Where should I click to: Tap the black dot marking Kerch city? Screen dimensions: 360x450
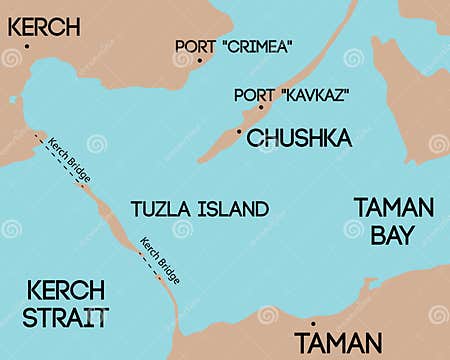pyautogui.click(x=27, y=46)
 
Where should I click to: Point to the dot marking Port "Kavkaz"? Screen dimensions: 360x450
pyautogui.click(x=261, y=107)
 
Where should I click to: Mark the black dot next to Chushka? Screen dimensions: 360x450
pyautogui.click(x=239, y=130)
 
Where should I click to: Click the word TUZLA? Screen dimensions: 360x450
pyautogui.click(x=157, y=209)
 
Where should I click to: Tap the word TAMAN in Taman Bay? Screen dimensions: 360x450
pyautogui.click(x=394, y=208)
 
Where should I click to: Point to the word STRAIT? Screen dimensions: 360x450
pyautogui.click(x=66, y=318)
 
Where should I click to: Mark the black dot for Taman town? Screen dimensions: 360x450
pyautogui.click(x=313, y=324)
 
